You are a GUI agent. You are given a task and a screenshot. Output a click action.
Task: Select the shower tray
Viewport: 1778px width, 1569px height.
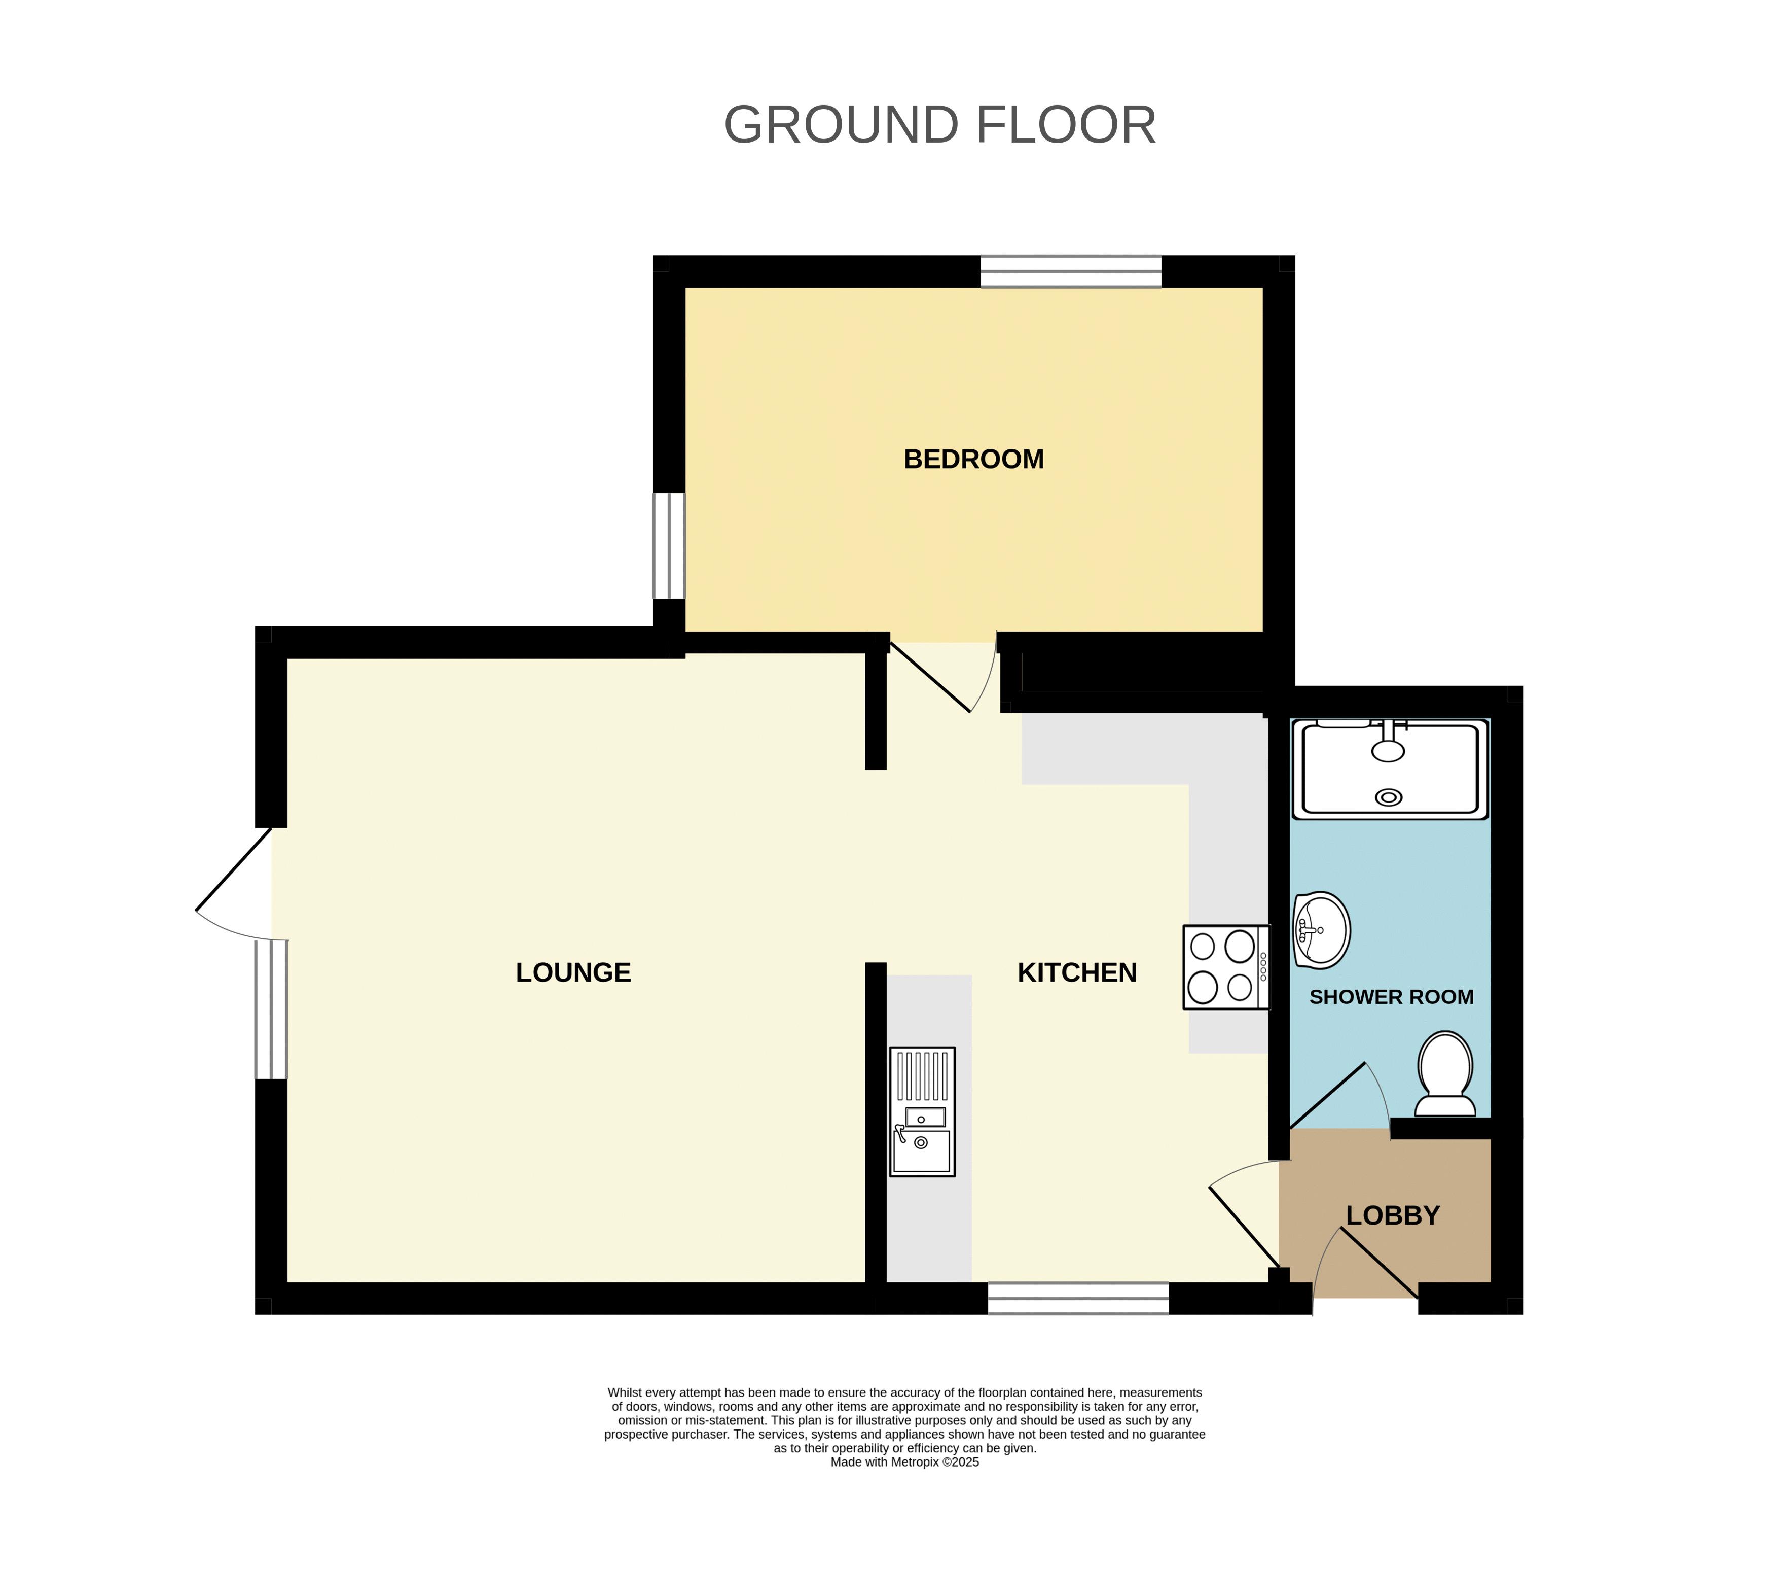(1390, 769)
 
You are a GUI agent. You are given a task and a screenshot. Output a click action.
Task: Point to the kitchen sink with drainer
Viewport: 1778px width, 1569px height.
(922, 1112)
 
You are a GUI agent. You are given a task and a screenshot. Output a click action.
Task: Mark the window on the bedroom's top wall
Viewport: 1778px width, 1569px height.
(1071, 271)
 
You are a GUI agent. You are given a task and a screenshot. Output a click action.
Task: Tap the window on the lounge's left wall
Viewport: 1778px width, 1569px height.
(271, 1009)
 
